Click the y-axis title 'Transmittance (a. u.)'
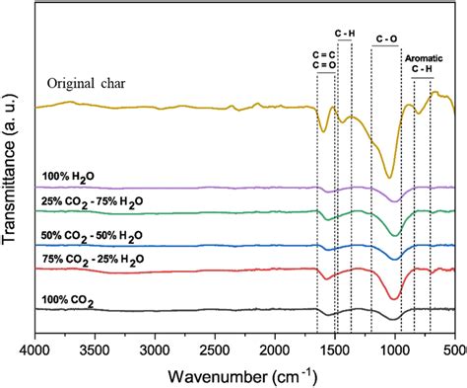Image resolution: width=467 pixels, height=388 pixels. point(12,178)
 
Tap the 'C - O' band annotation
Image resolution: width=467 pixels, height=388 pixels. point(387,39)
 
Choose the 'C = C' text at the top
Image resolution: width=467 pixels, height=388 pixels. point(320,55)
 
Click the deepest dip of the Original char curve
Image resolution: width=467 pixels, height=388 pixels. point(389,178)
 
